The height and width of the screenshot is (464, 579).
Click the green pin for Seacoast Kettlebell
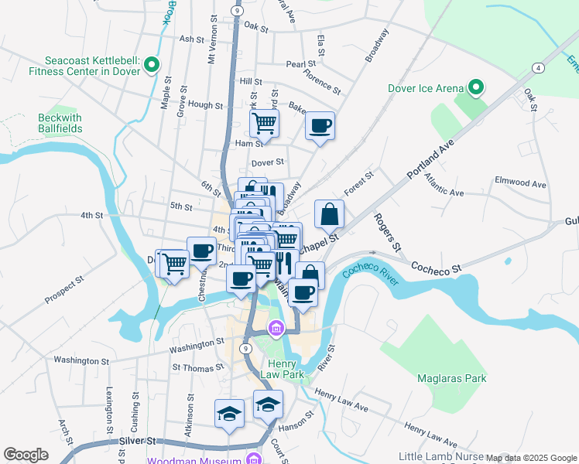coord(152,65)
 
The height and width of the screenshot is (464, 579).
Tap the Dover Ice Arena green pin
coord(477,87)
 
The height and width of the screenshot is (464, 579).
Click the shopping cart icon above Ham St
coord(264,122)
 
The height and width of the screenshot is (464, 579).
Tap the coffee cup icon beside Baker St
coord(320,125)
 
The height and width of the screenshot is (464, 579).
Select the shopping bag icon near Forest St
coord(330,213)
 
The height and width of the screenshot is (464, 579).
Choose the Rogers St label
coord(388,232)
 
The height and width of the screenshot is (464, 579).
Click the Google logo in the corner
coord(26,455)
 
